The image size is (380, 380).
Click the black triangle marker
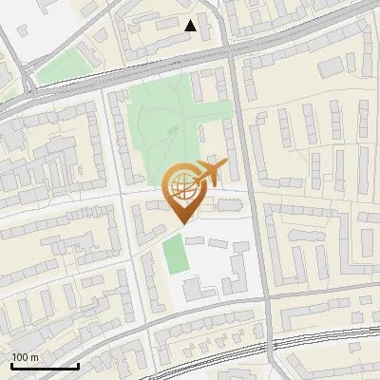point(191,26)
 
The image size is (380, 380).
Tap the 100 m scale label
point(26,357)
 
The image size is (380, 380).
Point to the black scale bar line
point(45,366)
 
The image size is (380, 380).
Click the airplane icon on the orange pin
point(210,172)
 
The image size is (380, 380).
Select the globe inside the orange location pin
point(182,186)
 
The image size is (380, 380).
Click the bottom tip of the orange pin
point(182,223)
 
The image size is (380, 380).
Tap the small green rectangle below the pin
point(173,255)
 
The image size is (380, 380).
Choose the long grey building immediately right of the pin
point(229,204)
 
